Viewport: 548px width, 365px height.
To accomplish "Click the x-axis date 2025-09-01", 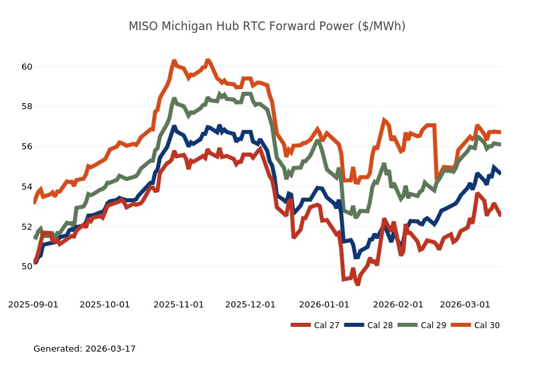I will (x=33, y=304).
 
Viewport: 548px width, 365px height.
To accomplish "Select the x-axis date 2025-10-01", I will (x=105, y=304).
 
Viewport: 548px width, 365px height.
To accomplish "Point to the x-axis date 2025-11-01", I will (x=178, y=304).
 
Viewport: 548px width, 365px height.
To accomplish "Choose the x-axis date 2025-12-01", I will (x=250, y=304).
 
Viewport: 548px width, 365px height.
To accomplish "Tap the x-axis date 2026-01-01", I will (x=324, y=304).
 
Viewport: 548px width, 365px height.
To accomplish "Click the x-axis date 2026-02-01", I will (x=397, y=304).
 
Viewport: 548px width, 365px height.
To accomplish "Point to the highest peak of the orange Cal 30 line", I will (x=208, y=60).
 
